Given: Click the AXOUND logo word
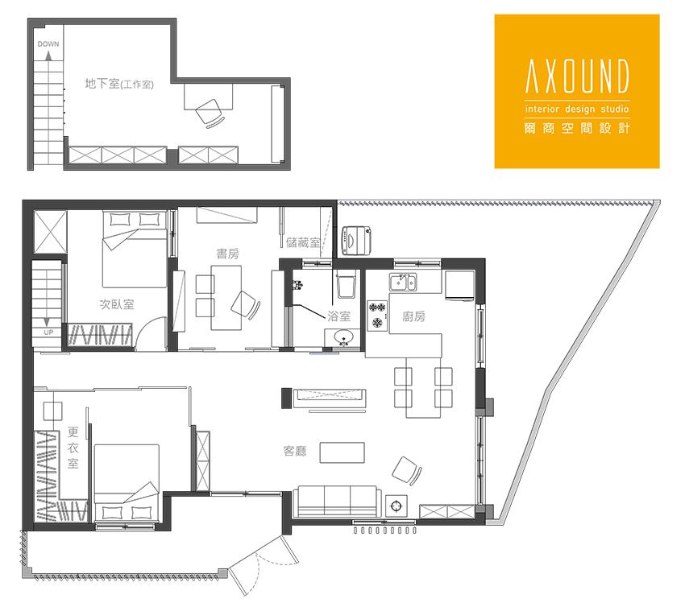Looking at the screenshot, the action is (577, 76).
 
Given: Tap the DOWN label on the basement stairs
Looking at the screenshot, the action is (48, 44).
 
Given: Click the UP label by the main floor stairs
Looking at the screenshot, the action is (48, 332).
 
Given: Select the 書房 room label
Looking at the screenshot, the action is (227, 254).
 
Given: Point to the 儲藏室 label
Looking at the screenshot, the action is (303, 242).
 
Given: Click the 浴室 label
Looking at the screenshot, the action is (339, 316).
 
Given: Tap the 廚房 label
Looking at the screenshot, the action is (413, 316).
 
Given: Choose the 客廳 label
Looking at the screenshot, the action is (295, 451).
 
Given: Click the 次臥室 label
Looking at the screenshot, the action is (117, 304).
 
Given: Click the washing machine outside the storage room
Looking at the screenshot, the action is (355, 240).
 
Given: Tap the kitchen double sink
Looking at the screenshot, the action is (403, 283).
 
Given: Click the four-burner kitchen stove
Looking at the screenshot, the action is (377, 316).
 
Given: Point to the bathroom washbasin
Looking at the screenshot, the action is (343, 337).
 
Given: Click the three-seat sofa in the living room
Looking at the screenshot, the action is (337, 502).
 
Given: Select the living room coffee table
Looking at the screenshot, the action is (342, 452).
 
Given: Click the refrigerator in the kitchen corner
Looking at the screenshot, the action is (460, 286).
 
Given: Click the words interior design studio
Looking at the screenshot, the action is (577, 109).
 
